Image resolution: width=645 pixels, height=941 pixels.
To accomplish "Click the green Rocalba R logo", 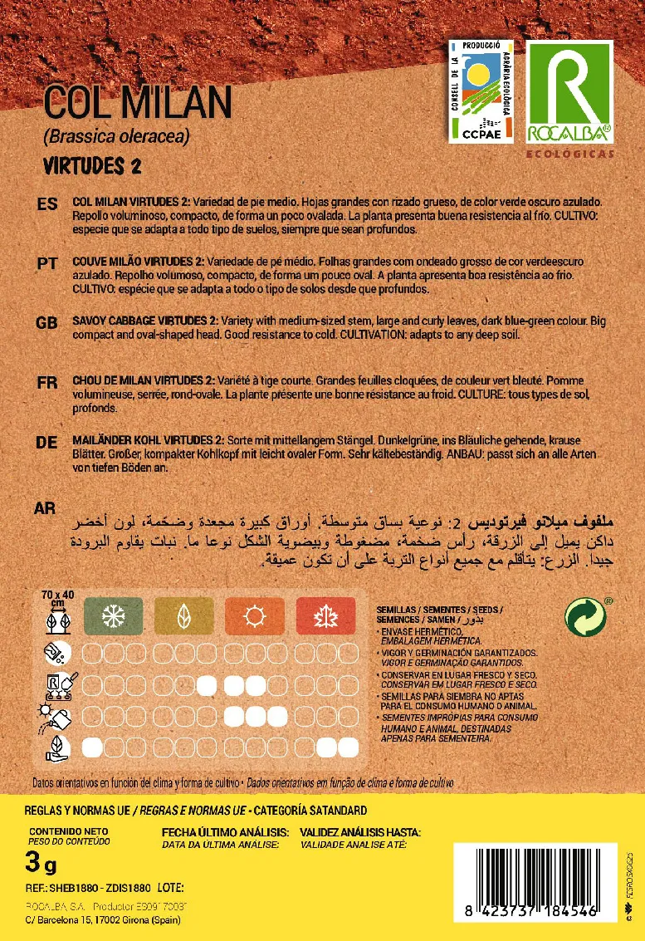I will (x=569, y=91).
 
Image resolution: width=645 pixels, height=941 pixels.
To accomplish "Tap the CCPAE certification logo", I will (x=481, y=91).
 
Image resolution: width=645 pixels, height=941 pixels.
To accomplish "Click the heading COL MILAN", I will (x=137, y=102).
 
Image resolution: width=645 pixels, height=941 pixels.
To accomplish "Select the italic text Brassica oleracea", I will (x=117, y=137).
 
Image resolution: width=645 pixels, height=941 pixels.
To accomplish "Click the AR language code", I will (x=46, y=507).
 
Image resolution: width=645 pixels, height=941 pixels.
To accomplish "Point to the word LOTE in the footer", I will (x=170, y=887).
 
